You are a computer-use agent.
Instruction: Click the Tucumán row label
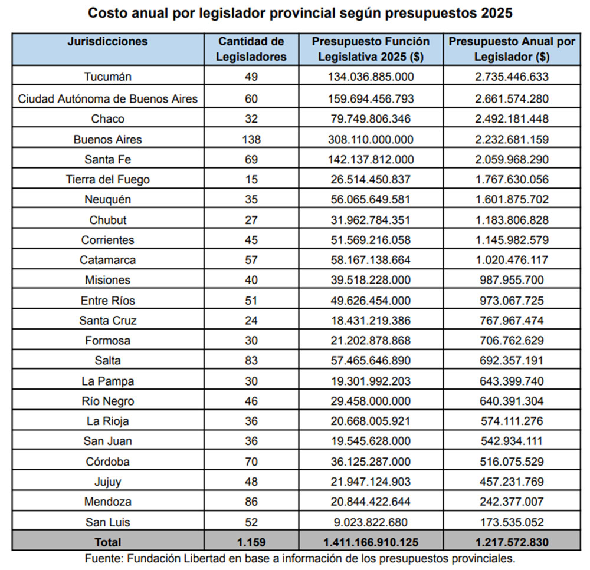click(x=107, y=77)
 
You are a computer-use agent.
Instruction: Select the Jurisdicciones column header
click(x=107, y=42)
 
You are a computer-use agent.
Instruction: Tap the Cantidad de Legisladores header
click(x=251, y=49)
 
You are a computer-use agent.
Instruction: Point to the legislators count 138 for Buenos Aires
click(x=251, y=140)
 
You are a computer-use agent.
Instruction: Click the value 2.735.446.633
click(x=511, y=77)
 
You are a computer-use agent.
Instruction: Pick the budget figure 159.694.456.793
click(x=371, y=98)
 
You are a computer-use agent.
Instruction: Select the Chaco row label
click(x=107, y=119)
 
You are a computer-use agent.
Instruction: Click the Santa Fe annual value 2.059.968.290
click(x=511, y=159)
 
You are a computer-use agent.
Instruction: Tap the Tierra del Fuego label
click(x=107, y=179)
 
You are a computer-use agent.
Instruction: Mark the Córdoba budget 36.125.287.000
click(x=371, y=462)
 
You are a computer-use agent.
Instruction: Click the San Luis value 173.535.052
click(x=511, y=522)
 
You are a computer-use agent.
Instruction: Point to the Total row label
click(x=107, y=542)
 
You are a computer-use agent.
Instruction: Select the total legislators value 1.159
click(x=251, y=542)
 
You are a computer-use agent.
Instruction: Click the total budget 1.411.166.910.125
click(x=371, y=542)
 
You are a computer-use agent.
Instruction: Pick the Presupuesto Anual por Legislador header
click(x=511, y=49)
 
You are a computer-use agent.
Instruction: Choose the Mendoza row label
click(x=107, y=502)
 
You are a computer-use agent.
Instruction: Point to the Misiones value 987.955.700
click(x=511, y=280)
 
